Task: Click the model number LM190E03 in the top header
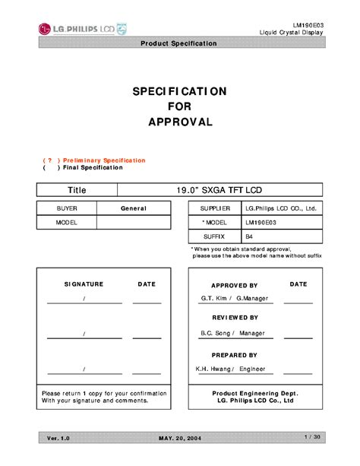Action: [x=307, y=25]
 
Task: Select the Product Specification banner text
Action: [x=179, y=43]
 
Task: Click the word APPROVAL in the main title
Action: [x=179, y=122]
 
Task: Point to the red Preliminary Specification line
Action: [x=94, y=160]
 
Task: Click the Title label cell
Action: [x=77, y=189]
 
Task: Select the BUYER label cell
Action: [x=67, y=208]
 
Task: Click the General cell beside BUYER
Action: [x=133, y=208]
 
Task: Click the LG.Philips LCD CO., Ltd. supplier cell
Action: [x=279, y=208]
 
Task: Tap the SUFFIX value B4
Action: [x=249, y=237]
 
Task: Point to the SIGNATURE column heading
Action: [x=84, y=284]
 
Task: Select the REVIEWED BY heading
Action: [x=235, y=317]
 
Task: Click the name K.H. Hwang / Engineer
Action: [x=231, y=369]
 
